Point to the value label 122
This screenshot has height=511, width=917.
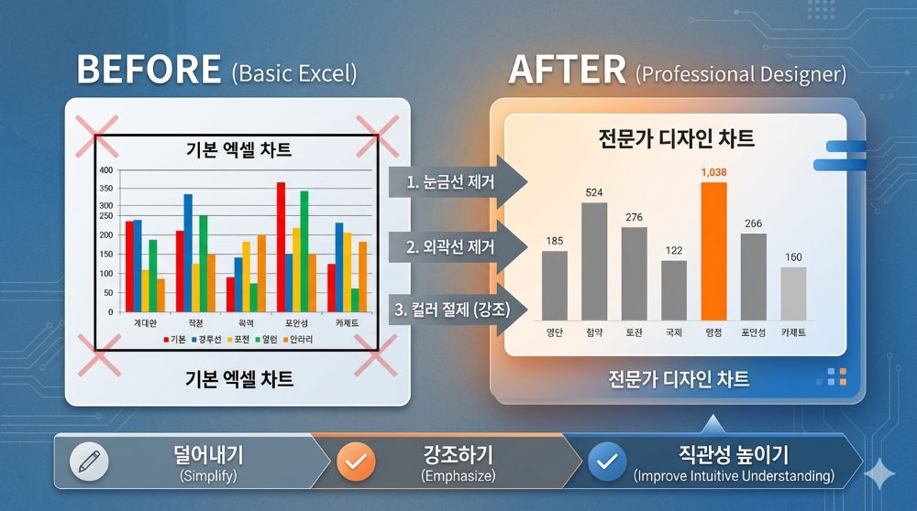point(674,251)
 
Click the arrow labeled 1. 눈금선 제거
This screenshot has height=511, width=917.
point(455,181)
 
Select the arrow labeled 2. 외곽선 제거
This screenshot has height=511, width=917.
point(455,246)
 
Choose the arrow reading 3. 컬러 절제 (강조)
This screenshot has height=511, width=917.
point(455,309)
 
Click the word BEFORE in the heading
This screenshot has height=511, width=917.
point(149,71)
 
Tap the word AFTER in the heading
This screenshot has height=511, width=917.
point(567,71)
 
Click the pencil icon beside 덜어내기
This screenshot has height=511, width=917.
point(89,462)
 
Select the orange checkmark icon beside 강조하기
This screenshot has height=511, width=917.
point(356,462)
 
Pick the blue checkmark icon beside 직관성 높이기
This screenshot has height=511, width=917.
point(606,462)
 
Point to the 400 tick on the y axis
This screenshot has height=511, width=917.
point(105,170)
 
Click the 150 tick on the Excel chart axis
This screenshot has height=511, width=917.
point(105,255)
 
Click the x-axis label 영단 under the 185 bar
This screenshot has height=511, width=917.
point(554,332)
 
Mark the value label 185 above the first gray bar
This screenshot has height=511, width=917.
point(554,241)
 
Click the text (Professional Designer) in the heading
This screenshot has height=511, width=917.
point(741,73)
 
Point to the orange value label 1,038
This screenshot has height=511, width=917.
point(713,171)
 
